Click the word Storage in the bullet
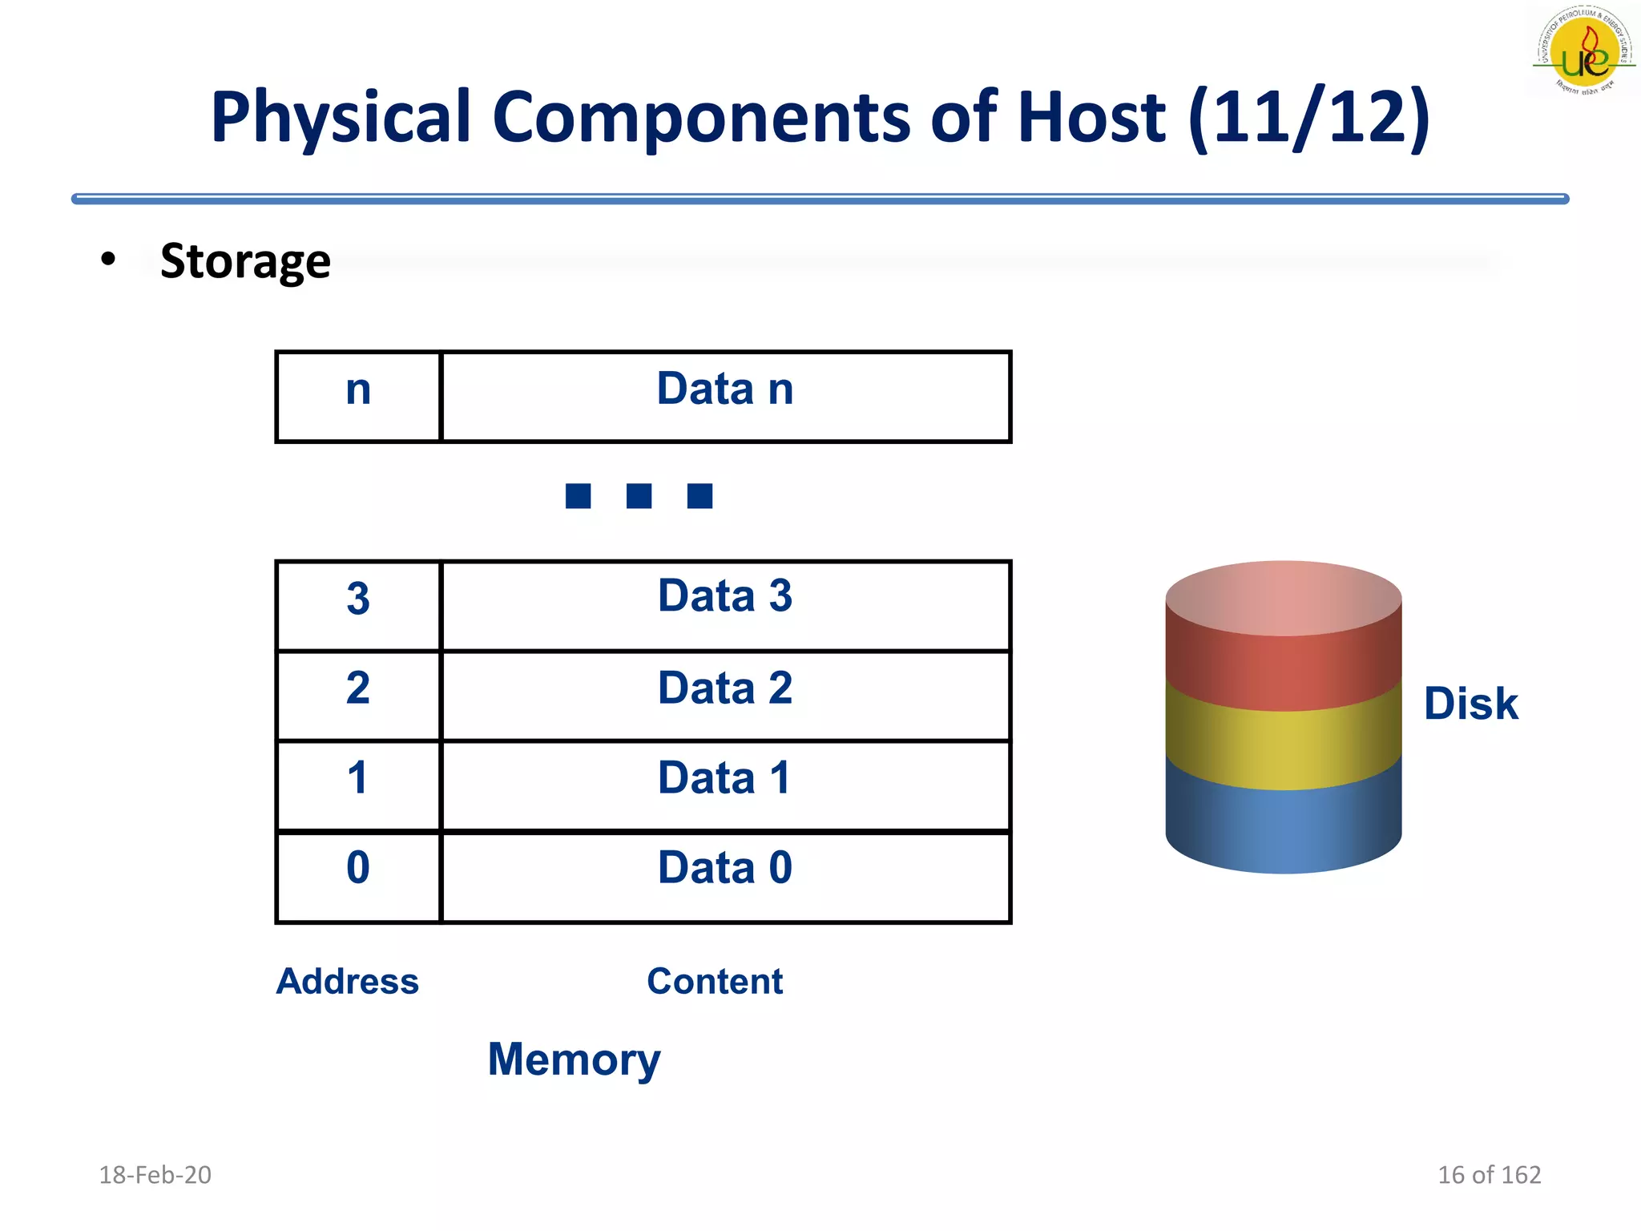(x=245, y=261)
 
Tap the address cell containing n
(x=358, y=396)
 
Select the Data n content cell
(x=725, y=396)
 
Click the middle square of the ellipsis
(x=639, y=496)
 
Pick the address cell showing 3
(x=358, y=606)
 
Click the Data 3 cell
(x=725, y=606)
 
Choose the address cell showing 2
(x=358, y=696)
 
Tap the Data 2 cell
(x=725, y=696)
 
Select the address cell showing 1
(x=358, y=785)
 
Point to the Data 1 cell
(x=725, y=785)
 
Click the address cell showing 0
(x=358, y=877)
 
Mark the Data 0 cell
(x=725, y=877)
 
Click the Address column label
(x=347, y=981)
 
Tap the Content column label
(x=715, y=981)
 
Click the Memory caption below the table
(x=574, y=1059)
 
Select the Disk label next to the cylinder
(x=1470, y=704)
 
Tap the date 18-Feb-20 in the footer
(x=155, y=1175)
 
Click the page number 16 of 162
(x=1489, y=1175)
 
